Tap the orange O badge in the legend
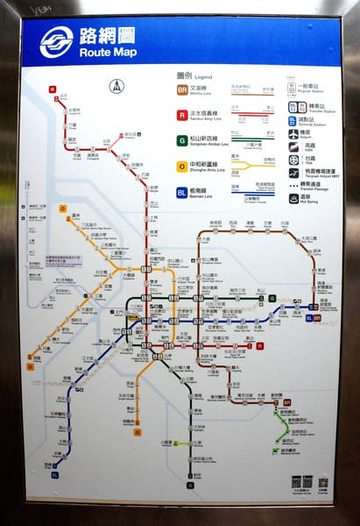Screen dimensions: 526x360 coord(181,165)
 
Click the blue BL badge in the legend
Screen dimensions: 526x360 coord(181,190)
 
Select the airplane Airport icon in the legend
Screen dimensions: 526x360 coord(292,134)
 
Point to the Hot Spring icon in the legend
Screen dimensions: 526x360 coord(292,198)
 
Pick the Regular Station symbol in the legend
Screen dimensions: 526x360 coord(292,88)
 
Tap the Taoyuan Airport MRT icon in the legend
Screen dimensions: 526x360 coord(292,171)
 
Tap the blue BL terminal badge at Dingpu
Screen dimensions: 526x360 coord(54,474)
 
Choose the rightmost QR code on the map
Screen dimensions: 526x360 coord(323,481)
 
